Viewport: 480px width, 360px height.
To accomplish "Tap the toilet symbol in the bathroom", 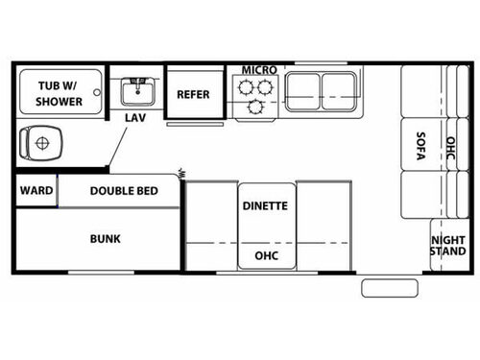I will click(x=40, y=144).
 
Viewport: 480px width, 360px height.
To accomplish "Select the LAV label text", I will click(x=135, y=117).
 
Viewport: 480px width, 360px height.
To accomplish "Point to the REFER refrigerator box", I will click(x=193, y=94).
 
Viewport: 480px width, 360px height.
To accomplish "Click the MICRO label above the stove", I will click(x=259, y=70).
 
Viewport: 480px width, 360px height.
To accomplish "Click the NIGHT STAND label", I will click(x=447, y=246).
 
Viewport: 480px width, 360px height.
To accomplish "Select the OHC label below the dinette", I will click(x=266, y=256).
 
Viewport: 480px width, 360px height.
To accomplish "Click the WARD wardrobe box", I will click(x=36, y=190).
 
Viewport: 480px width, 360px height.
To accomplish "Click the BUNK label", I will click(x=105, y=238).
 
